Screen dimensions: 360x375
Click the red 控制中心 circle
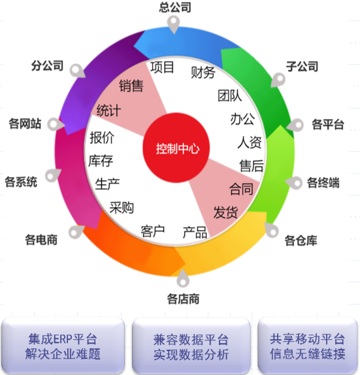176,148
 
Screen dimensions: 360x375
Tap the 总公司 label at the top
175,7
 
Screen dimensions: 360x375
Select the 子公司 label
302,66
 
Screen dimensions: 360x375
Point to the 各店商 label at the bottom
183,299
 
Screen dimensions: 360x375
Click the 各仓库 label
301,240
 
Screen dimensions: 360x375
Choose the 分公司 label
47,65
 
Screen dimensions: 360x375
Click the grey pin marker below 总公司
173,24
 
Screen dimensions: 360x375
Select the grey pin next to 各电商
76,232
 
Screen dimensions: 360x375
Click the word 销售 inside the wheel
131,86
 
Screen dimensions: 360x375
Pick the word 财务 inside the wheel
203,73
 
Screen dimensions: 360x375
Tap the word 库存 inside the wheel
101,161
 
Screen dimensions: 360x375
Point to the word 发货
225,212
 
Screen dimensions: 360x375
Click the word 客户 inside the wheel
153,231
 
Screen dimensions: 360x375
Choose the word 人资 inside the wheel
249,142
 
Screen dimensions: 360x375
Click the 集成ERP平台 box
63,345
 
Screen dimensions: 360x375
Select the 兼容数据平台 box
191,346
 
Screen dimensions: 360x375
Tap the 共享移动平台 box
308,345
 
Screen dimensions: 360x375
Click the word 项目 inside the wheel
162,67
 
